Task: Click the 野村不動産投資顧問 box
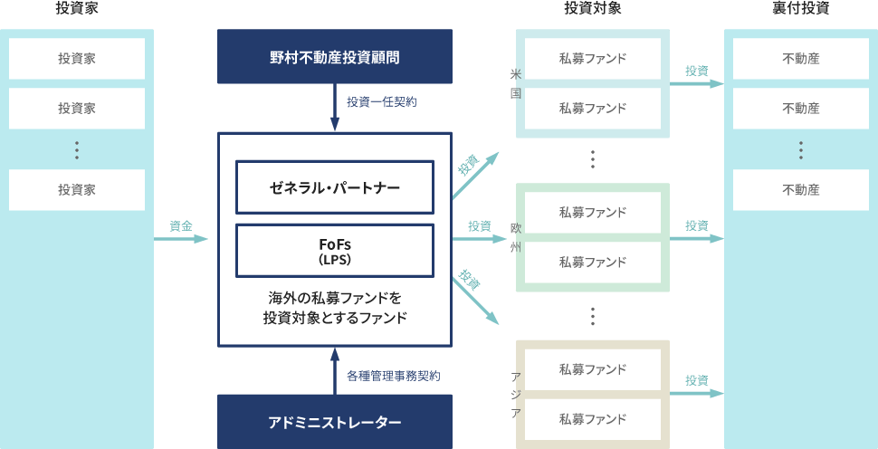pos(334,57)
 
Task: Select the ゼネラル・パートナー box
pos(334,187)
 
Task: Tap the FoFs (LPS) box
pos(334,250)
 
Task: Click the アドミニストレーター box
pos(334,422)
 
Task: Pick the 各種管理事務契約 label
pos(394,374)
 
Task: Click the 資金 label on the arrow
pos(180,225)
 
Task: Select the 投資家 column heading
pos(76,9)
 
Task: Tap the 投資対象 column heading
pos(592,9)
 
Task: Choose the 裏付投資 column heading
pos(800,9)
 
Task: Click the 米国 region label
pos(515,83)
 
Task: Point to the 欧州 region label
pos(515,237)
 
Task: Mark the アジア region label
pos(515,394)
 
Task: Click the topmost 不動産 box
pos(800,59)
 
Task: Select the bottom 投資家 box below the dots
pos(77,190)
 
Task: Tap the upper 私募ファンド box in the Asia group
pos(592,369)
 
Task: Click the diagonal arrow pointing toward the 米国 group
pos(475,174)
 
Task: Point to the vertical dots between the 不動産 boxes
pos(800,149)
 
